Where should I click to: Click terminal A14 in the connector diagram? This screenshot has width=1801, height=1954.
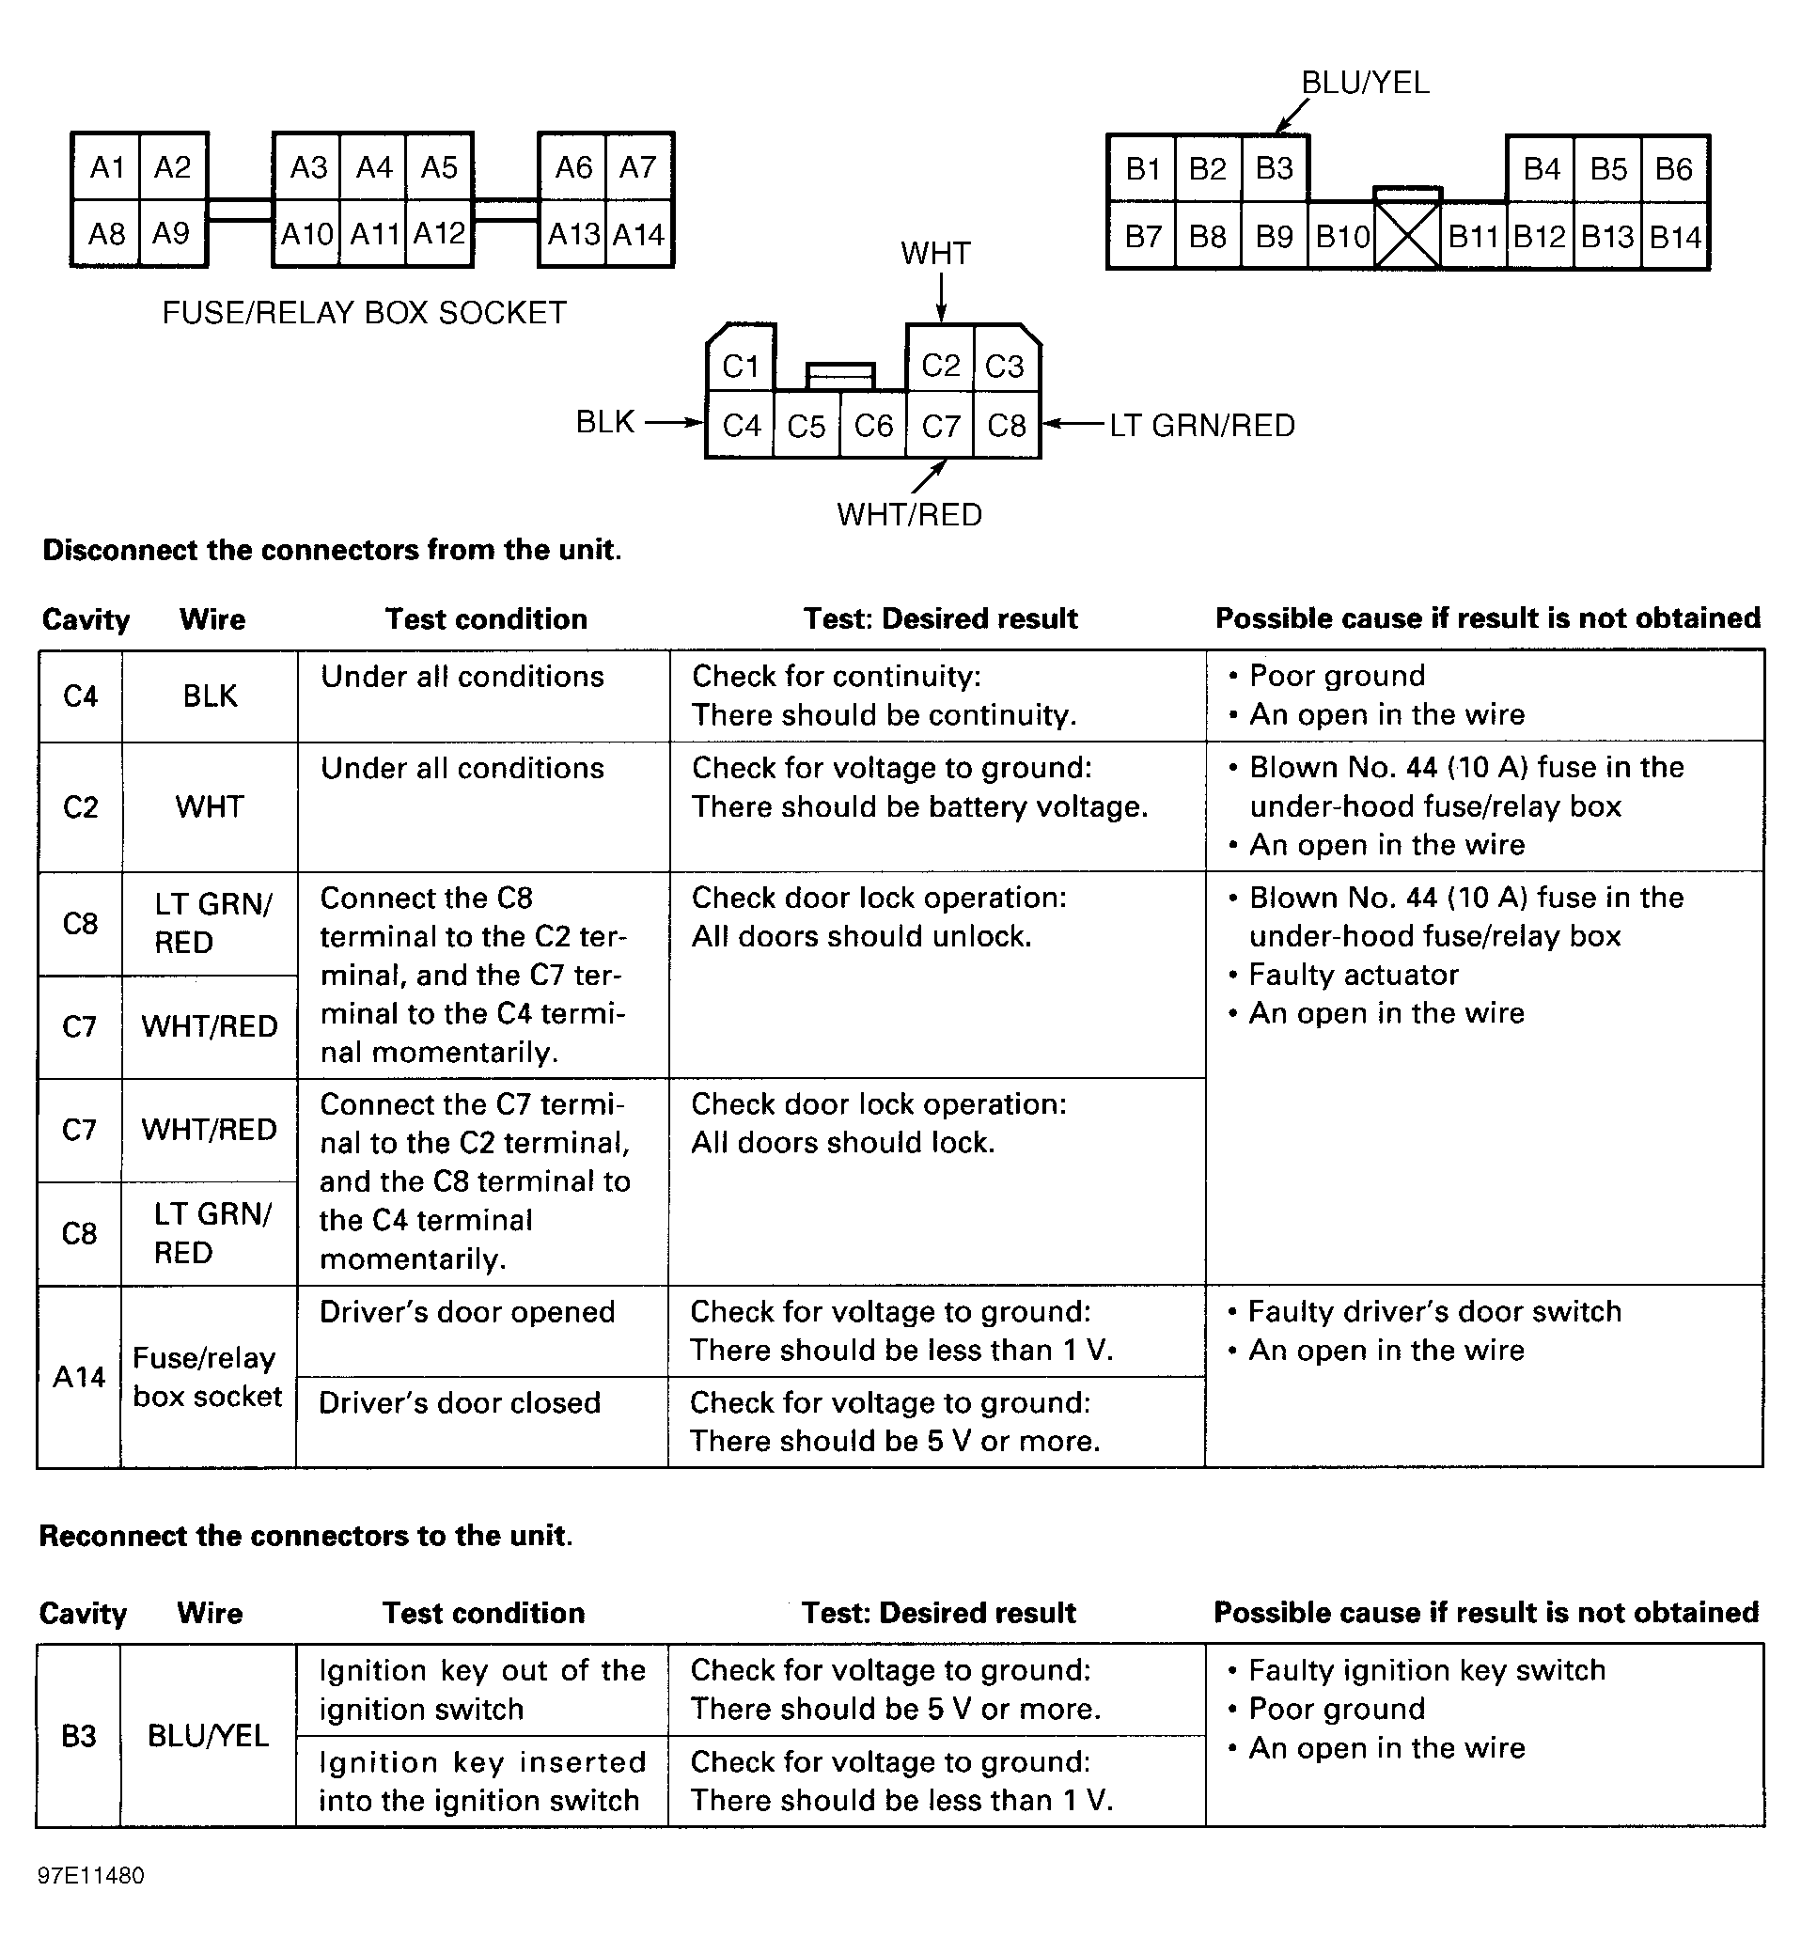click(x=639, y=235)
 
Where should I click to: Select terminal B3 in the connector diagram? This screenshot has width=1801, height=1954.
click(x=1274, y=168)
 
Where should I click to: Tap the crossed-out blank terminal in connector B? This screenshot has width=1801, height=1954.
click(x=1406, y=236)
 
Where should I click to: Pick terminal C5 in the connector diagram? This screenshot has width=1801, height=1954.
click(x=806, y=426)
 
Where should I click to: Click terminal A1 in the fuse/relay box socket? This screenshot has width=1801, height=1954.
click(x=106, y=167)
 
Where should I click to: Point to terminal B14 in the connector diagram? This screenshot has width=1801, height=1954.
click(x=1675, y=237)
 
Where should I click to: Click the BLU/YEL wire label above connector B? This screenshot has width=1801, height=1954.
click(x=1365, y=84)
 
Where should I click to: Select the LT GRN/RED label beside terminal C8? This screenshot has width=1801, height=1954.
click(x=1201, y=426)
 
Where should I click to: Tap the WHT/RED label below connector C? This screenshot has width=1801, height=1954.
click(x=908, y=514)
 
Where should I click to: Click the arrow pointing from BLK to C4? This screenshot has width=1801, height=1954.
click(x=674, y=423)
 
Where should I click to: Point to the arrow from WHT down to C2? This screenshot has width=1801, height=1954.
click(x=941, y=296)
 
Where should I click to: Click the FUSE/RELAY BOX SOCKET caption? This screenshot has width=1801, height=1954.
click(x=364, y=313)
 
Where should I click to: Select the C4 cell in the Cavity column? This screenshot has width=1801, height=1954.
click(x=80, y=696)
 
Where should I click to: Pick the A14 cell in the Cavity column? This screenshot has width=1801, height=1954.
click(x=79, y=1376)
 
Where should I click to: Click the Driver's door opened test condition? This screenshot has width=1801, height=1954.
click(x=467, y=1312)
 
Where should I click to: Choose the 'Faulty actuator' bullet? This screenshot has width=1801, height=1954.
click(x=1353, y=975)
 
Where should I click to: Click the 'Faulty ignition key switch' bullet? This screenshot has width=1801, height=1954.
click(x=1426, y=1670)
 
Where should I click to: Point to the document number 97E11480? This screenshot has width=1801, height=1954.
click(x=90, y=1876)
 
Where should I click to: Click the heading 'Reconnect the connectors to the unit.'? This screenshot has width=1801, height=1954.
click(x=306, y=1536)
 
